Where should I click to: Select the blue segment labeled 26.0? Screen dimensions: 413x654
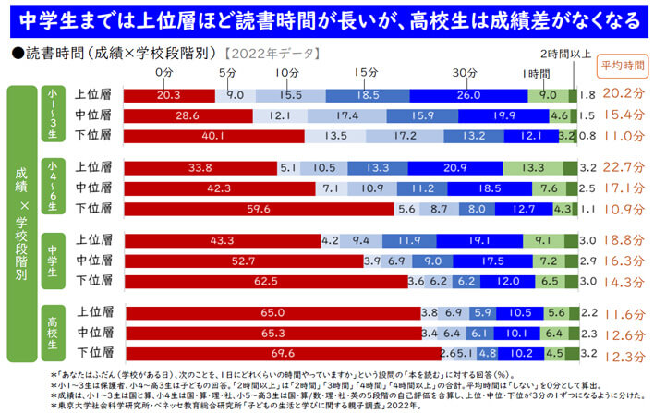[467, 94]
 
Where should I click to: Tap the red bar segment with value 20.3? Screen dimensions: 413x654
[169, 94]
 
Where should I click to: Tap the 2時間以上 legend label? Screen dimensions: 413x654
[564, 55]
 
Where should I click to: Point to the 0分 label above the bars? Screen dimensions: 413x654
[164, 72]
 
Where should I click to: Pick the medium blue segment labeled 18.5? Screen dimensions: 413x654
[367, 94]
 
